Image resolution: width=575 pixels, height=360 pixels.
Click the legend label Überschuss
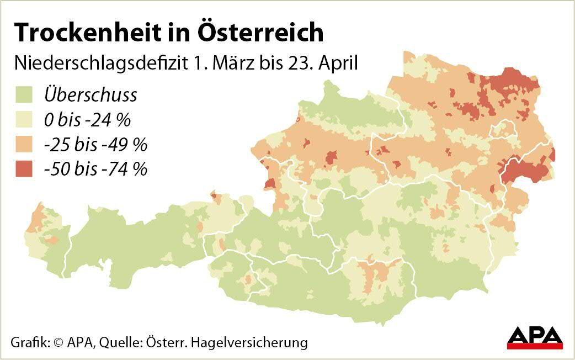(90, 95)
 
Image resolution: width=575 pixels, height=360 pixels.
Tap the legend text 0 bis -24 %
(87, 120)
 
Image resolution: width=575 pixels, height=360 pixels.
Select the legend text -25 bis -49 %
(95, 145)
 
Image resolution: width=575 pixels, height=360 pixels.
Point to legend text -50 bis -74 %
(95, 169)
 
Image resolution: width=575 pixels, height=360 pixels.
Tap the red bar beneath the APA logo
(534, 347)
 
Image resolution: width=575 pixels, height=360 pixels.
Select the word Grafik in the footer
(29, 342)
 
